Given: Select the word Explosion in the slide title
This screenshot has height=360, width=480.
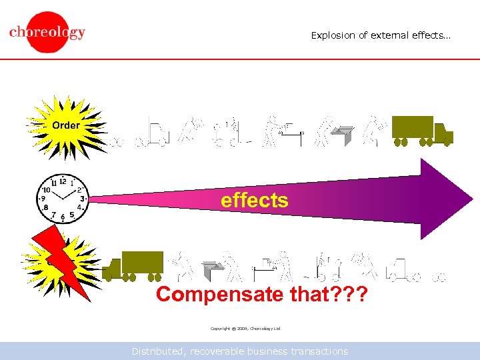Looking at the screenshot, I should point(333,35).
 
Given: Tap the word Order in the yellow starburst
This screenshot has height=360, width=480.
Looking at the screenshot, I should point(65,125).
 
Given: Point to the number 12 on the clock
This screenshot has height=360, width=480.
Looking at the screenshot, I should point(63,181).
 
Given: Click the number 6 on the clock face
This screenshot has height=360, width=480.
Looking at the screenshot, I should point(63,217).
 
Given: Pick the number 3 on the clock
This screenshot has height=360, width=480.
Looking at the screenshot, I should point(82,198).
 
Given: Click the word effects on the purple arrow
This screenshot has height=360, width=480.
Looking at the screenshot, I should point(255,200).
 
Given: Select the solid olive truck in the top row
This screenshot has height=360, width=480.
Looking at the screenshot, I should point(421,130).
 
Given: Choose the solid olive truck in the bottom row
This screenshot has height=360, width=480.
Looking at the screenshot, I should point(133,265).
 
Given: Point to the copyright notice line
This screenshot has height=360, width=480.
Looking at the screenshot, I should point(245,329).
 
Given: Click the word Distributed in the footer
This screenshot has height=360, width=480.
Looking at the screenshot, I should point(157,351).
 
